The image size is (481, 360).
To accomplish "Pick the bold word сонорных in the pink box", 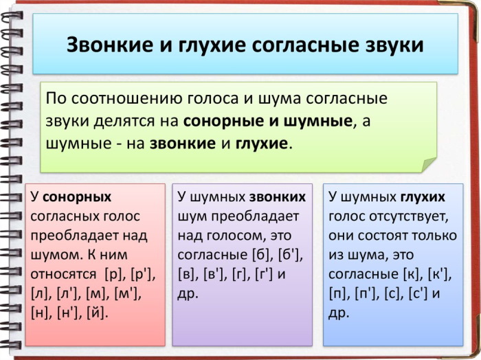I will [x=77, y=197].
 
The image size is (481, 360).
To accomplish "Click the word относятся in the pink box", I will [x=64, y=275].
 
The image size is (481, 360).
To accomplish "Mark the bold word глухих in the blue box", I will [x=423, y=197].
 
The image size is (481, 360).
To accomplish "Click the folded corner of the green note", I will [x=428, y=165].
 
